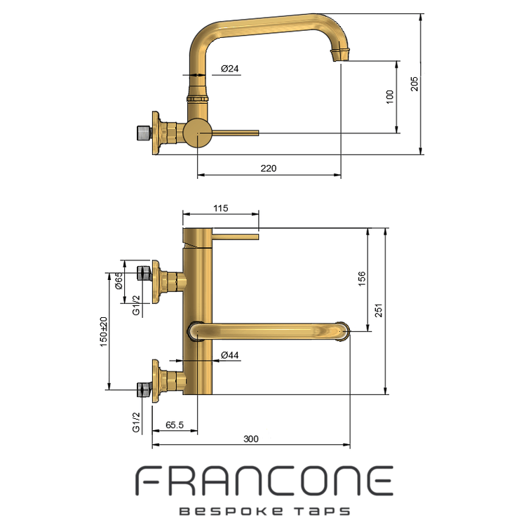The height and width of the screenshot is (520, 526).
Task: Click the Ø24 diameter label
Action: point(230,69)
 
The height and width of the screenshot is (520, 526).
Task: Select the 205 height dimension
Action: point(414,84)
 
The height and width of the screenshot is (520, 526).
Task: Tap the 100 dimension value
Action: point(390,97)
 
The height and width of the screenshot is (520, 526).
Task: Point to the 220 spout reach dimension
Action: point(269,168)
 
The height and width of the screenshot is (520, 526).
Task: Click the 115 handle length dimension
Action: point(221,208)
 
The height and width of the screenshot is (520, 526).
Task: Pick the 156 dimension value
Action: point(362,279)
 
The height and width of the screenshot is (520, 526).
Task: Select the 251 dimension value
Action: point(379,310)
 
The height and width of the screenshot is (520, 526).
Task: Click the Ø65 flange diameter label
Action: point(119,281)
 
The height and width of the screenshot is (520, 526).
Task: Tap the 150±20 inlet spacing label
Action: point(104,332)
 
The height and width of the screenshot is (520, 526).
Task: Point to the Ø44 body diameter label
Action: point(230,355)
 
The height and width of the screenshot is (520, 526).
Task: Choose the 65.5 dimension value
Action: point(175,425)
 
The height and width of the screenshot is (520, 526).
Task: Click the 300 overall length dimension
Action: point(251,439)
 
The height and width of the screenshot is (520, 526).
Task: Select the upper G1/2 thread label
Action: point(136,305)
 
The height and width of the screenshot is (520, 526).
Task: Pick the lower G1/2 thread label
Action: point(136,422)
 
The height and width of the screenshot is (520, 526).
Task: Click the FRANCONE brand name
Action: point(264,481)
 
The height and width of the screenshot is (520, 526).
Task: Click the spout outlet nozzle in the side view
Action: point(340,55)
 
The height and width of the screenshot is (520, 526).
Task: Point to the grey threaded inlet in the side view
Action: point(144,133)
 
